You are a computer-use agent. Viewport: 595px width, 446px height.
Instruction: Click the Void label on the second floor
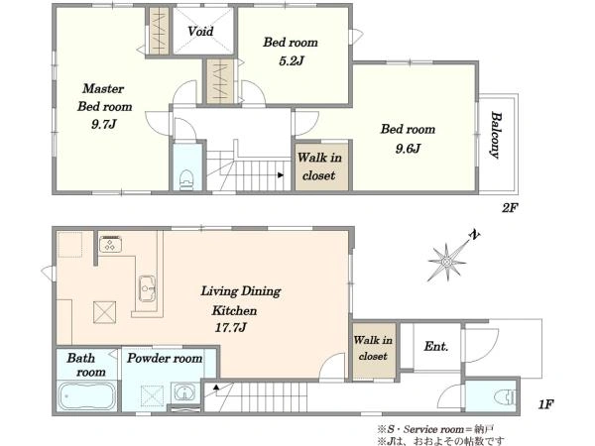200,31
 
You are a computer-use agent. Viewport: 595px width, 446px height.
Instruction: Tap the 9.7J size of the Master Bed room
103,125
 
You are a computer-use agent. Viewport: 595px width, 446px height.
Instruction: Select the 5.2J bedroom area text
291,61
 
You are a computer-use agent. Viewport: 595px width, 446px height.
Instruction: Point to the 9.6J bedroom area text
408,149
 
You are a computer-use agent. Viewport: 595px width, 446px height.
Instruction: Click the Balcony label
495,135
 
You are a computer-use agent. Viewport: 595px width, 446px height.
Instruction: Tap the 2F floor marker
510,208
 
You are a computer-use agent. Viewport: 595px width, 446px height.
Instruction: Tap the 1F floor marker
545,404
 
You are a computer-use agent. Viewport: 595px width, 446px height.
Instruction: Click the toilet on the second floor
186,179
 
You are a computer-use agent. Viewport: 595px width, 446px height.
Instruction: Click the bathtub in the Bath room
87,395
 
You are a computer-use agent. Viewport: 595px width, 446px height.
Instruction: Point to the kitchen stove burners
110,244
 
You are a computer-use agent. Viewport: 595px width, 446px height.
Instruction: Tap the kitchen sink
147,288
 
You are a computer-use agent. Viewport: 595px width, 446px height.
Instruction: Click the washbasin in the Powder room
184,392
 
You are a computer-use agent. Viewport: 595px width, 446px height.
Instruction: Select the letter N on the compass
474,235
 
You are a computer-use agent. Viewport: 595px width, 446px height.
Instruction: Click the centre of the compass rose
446,262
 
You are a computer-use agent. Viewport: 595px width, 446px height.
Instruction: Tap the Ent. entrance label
436,346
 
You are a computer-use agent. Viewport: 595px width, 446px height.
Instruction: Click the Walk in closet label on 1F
373,348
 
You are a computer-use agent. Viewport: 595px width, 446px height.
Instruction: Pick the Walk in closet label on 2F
319,167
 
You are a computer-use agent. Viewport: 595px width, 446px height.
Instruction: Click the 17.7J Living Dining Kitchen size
231,327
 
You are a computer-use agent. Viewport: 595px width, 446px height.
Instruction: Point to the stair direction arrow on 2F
281,174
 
